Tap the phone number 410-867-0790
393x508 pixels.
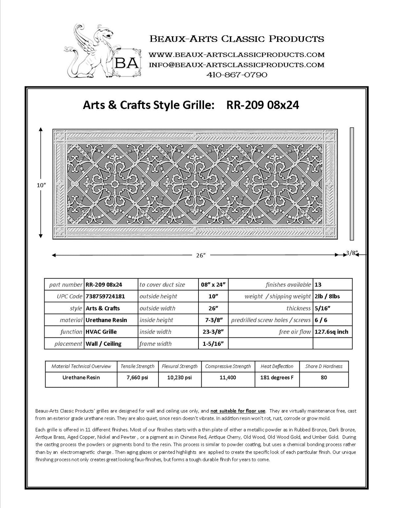(x=237, y=75)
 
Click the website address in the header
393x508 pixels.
(x=237, y=54)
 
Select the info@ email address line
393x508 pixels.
(x=237, y=65)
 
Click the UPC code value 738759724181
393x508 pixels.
(x=105, y=296)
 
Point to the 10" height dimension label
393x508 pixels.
(x=41, y=185)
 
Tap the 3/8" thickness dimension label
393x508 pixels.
(x=352, y=253)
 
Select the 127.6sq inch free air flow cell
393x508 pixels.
(x=331, y=332)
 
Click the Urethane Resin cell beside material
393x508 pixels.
(x=106, y=320)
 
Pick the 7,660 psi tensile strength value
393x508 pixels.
(x=138, y=377)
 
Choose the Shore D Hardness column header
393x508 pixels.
(x=324, y=366)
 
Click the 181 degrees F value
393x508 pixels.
(x=277, y=377)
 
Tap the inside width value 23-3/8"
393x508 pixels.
(x=213, y=332)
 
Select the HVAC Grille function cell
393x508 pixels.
(x=101, y=332)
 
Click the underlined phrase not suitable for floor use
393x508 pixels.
(x=238, y=411)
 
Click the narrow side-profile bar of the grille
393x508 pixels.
(x=352, y=183)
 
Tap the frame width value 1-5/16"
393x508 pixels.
(x=213, y=344)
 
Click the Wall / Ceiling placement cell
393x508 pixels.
(x=103, y=344)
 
